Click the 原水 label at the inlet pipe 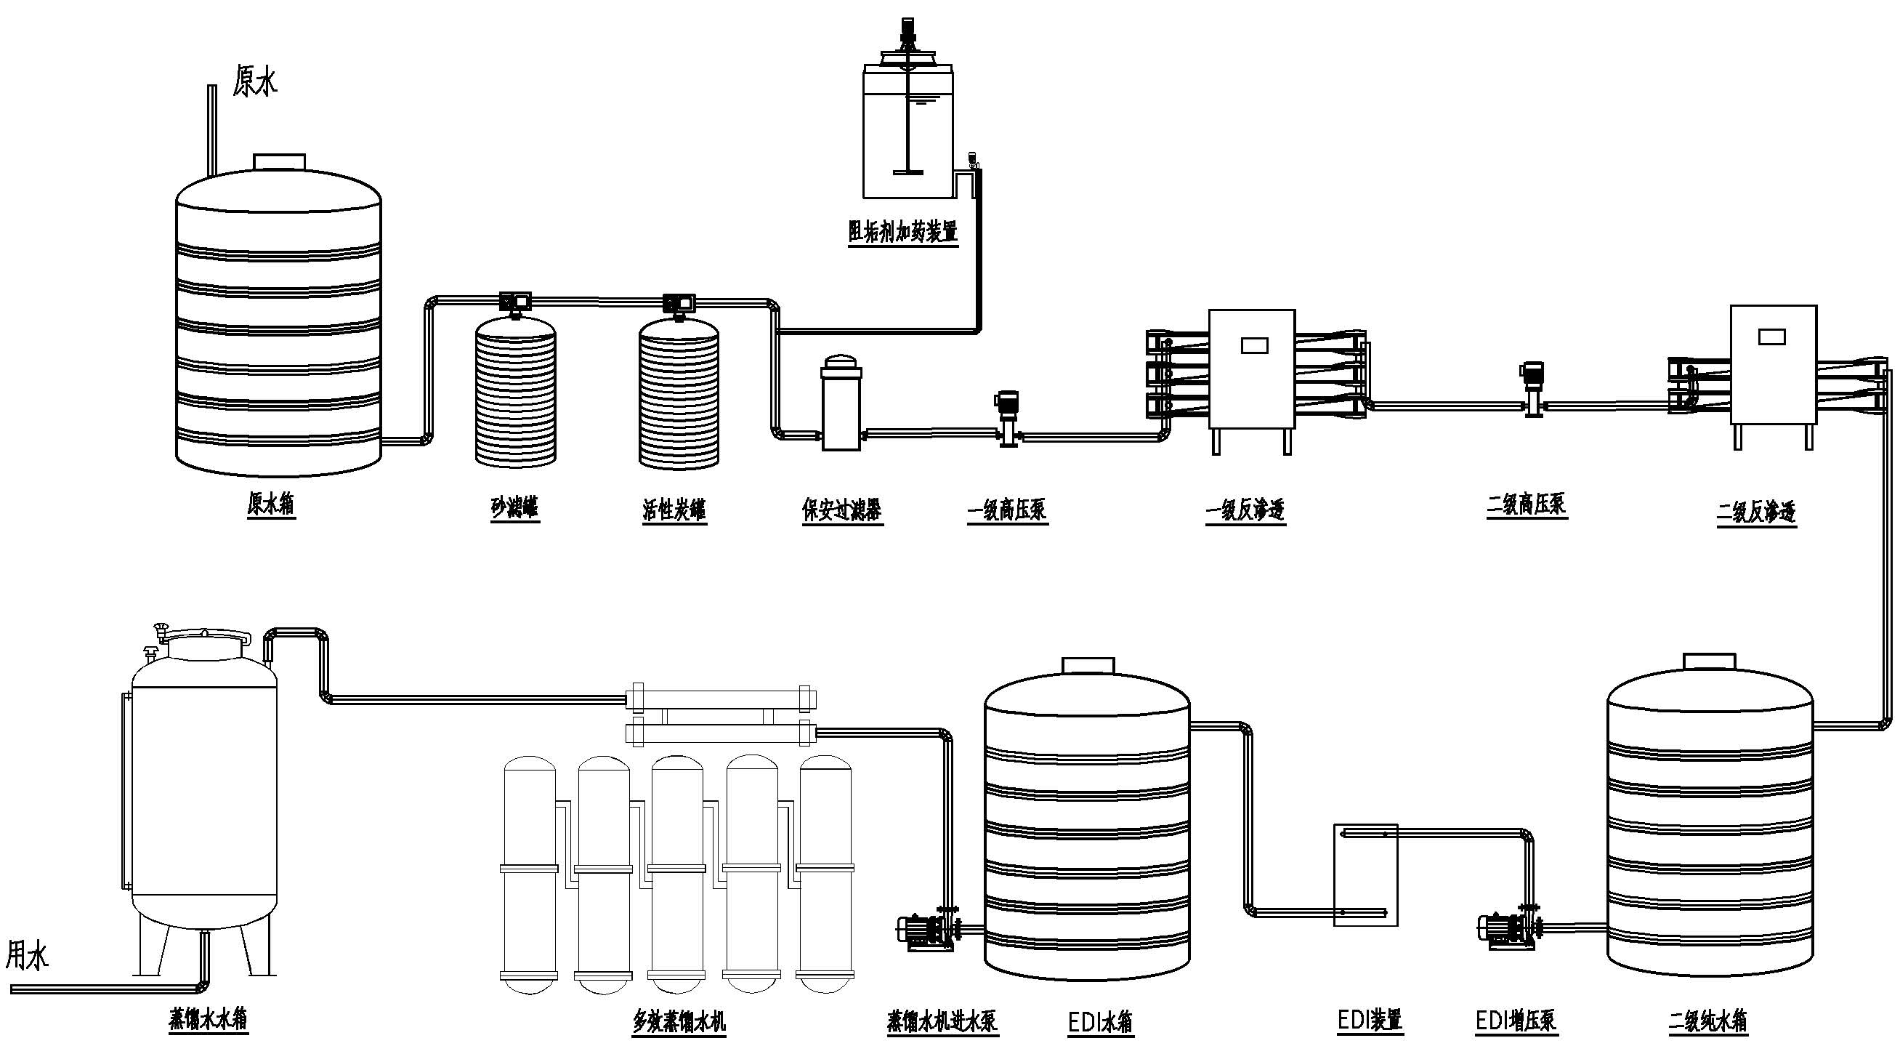255,81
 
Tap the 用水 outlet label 28,956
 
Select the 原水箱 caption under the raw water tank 271,504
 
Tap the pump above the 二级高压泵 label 1533,390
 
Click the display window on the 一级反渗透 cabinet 1254,345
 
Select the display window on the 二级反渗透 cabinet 1772,337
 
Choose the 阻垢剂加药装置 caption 903,232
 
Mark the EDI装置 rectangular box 1366,875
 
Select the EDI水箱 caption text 1101,1023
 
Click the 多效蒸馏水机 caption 679,1022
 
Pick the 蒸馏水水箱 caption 208,1018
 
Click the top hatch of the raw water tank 279,161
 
